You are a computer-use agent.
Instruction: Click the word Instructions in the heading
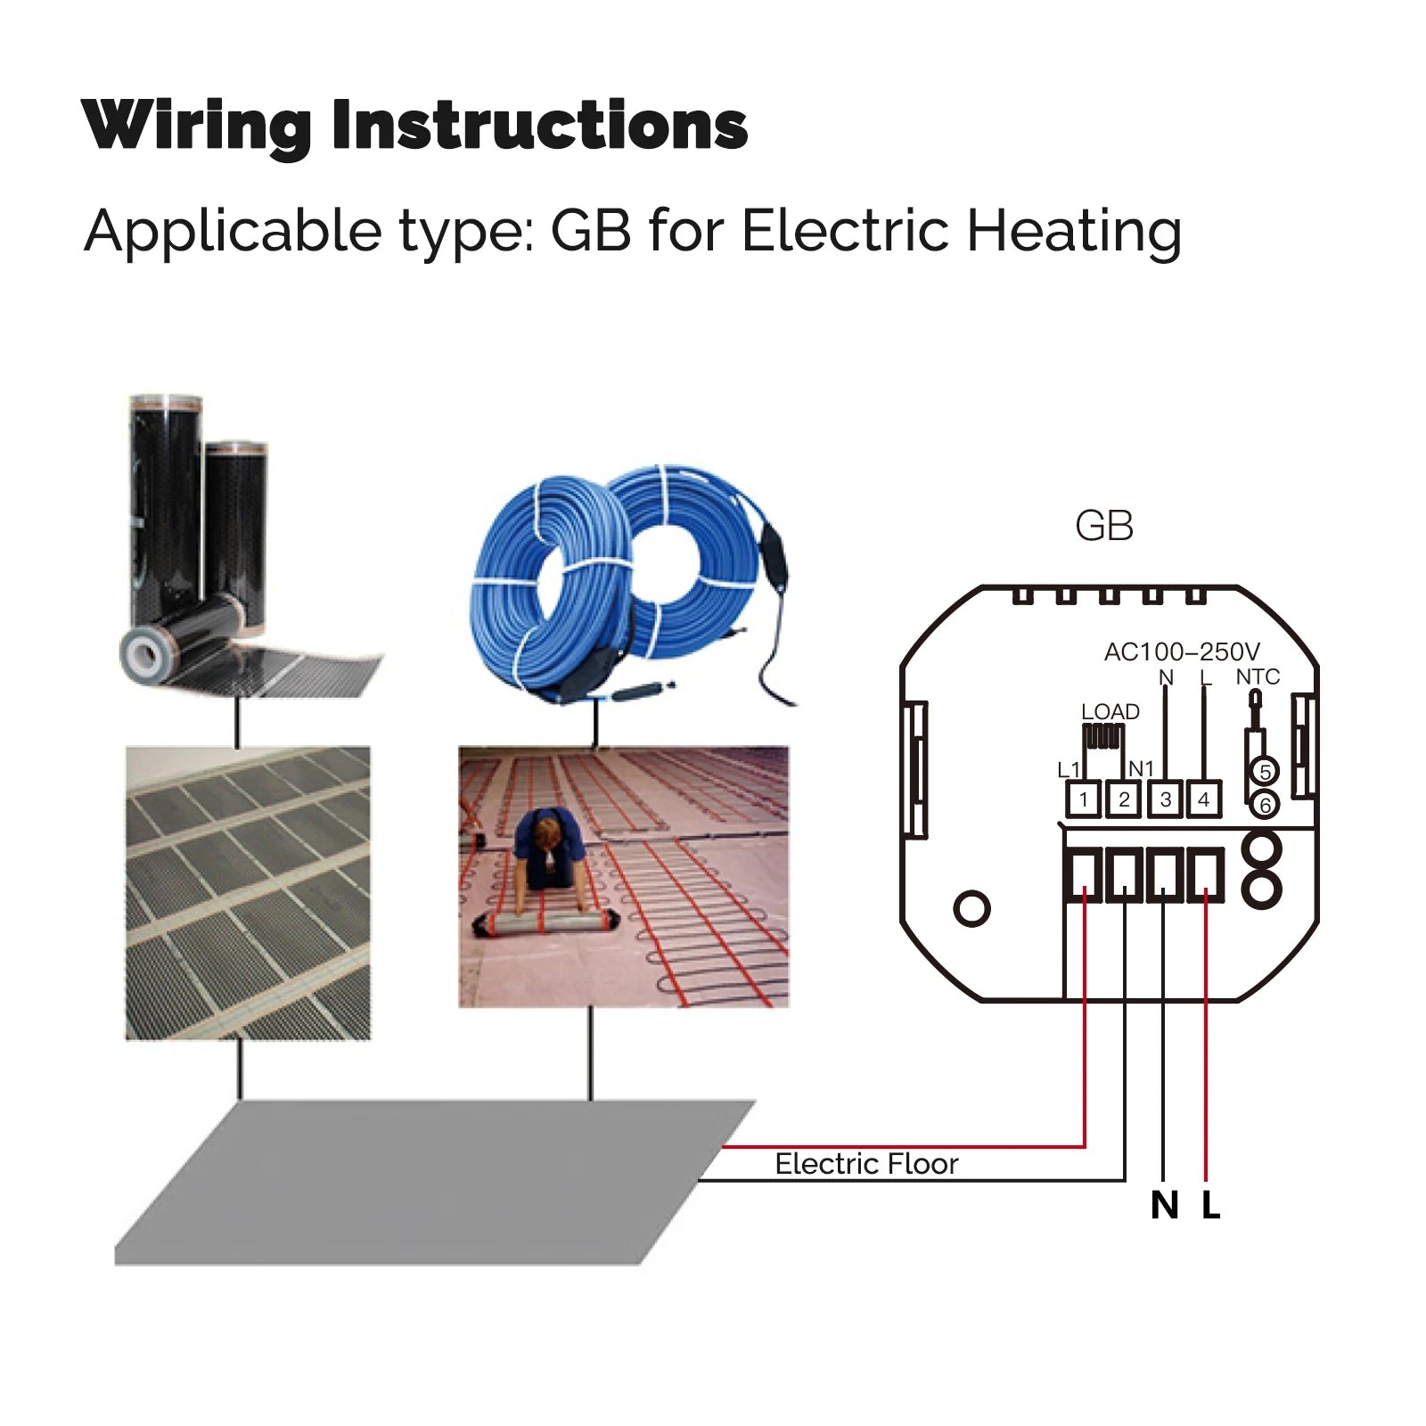[x=539, y=125]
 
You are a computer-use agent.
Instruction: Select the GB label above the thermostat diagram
[x=1104, y=526]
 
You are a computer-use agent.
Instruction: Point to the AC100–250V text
[x=1182, y=652]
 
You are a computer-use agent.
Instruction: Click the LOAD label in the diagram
[x=1110, y=711]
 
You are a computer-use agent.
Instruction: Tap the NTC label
[x=1258, y=677]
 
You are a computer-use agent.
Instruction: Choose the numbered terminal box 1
[x=1084, y=799]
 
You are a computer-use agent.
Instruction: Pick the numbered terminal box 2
[x=1124, y=799]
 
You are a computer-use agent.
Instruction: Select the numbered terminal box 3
[x=1165, y=799]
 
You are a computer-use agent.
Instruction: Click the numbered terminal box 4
[x=1204, y=799]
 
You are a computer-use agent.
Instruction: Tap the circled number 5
[x=1264, y=771]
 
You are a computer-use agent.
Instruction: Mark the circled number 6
[x=1264, y=805]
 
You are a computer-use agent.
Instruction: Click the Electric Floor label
[x=866, y=1164]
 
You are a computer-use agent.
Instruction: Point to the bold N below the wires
[x=1164, y=1206]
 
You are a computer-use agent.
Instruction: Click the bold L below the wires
[x=1210, y=1206]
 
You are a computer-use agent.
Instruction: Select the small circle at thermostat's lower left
[x=971, y=909]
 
